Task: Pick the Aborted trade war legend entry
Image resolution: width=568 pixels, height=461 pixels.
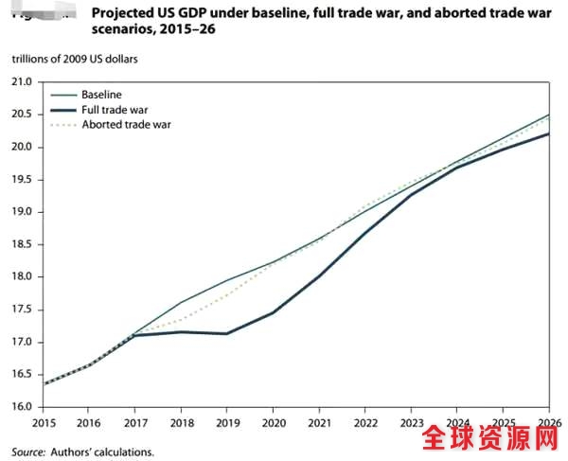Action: point(125,124)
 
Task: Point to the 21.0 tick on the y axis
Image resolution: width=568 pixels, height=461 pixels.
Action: point(23,82)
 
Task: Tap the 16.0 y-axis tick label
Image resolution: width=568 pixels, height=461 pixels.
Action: point(23,407)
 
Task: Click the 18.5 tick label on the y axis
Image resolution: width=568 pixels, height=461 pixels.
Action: point(23,244)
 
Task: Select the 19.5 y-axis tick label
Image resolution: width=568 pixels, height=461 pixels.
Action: point(23,180)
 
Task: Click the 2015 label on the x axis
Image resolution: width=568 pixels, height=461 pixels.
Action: point(44,423)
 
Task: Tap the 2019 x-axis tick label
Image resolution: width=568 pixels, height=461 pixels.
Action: point(226,423)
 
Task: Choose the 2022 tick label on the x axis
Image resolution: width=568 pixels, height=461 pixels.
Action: point(364,423)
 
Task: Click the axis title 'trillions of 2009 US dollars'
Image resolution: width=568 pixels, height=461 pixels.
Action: point(75,59)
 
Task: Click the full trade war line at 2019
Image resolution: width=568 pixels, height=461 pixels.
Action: point(227,333)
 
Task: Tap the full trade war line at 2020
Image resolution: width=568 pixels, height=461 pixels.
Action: point(273,312)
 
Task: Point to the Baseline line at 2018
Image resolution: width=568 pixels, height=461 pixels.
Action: point(182,303)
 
